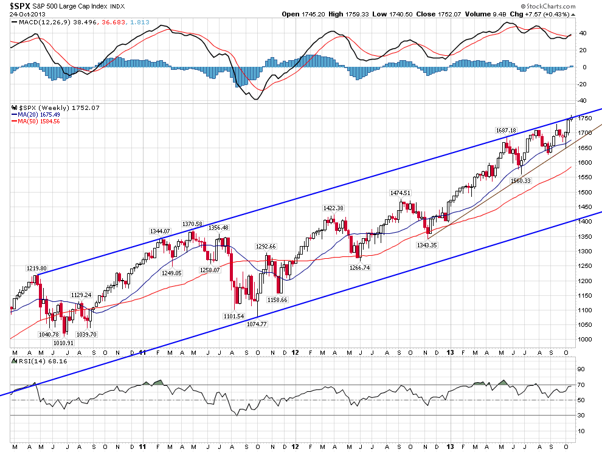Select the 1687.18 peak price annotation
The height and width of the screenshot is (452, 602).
pos(506,130)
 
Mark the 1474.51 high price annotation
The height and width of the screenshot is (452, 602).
pos(401,193)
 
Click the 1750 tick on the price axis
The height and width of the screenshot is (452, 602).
pos(585,118)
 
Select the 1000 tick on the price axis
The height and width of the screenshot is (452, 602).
pos(585,339)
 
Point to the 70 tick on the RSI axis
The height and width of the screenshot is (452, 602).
pos(581,385)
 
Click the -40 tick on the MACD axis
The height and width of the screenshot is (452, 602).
pos(582,101)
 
